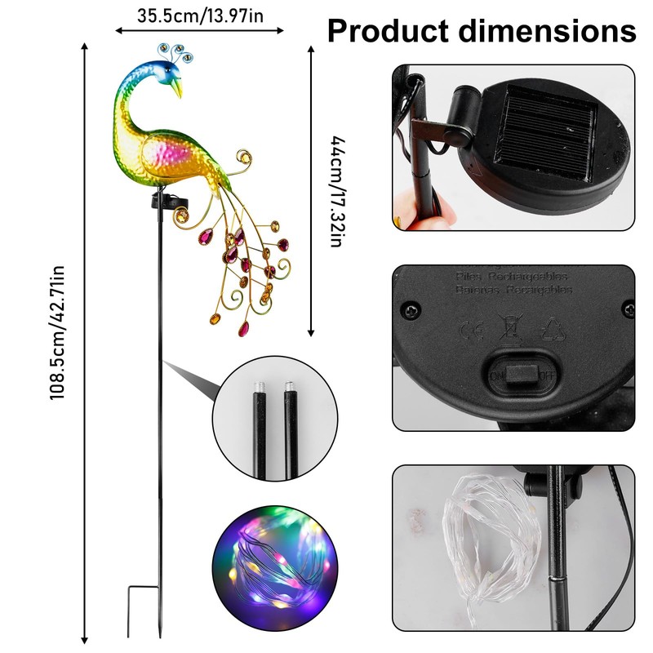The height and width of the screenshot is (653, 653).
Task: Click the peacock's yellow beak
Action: point(178,87)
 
